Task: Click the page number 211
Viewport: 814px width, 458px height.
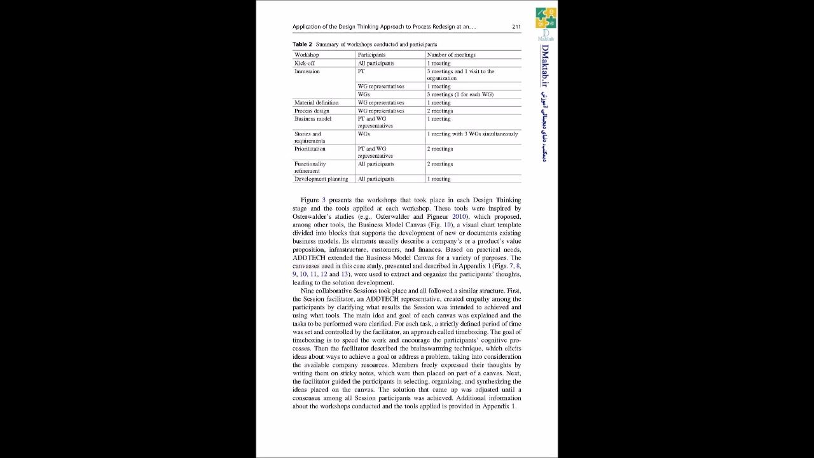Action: tap(516, 27)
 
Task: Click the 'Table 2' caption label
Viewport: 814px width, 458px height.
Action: tap(302, 45)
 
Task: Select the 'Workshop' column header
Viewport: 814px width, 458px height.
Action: tap(307, 55)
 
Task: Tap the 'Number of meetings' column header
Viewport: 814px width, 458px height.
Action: tap(451, 55)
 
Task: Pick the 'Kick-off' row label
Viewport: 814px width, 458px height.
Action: tap(304, 63)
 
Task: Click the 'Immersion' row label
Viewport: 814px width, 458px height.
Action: tap(307, 71)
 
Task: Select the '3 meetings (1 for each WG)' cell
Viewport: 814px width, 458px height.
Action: tap(460, 94)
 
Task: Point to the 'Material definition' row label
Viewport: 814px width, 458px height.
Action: tap(316, 102)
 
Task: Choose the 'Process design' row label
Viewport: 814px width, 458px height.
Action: tap(312, 111)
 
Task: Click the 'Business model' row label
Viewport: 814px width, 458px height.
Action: tap(313, 119)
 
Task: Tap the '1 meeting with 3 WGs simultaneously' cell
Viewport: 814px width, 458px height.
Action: tap(472, 134)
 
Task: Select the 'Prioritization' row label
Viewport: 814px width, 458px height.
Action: tap(310, 149)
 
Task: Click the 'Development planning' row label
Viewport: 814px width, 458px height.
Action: tap(321, 179)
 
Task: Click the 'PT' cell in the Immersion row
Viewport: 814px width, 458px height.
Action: tap(361, 71)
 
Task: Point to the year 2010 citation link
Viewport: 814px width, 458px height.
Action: tap(459, 217)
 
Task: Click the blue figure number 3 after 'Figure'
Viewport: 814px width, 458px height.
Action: tap(323, 200)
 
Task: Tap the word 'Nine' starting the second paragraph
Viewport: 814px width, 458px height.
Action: tap(307, 291)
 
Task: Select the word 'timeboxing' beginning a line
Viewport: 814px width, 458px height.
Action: tap(308, 340)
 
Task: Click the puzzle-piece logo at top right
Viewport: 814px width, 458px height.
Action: tap(546, 18)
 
